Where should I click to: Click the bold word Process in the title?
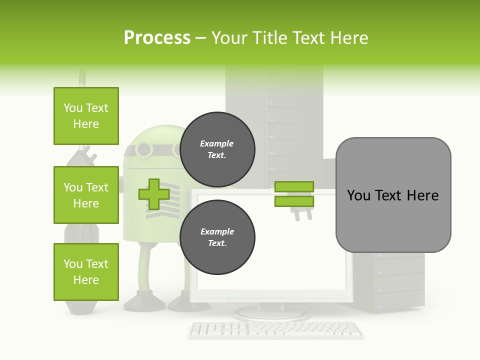pos(157,38)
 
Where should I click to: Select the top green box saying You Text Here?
pos(86,116)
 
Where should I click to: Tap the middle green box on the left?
pos(86,195)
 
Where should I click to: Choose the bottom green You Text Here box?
pos(86,272)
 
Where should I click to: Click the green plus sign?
pos(154,194)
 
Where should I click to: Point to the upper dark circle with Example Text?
pos(217,149)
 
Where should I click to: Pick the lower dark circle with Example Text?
pos(217,237)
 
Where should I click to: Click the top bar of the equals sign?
pos(294,187)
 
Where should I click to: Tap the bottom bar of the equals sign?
pos(294,201)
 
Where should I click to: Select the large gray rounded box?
pos(393,195)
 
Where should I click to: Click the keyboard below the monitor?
pos(276,329)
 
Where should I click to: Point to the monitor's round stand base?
pos(270,313)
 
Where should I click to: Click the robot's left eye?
pos(143,149)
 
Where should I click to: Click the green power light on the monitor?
pos(229,298)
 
